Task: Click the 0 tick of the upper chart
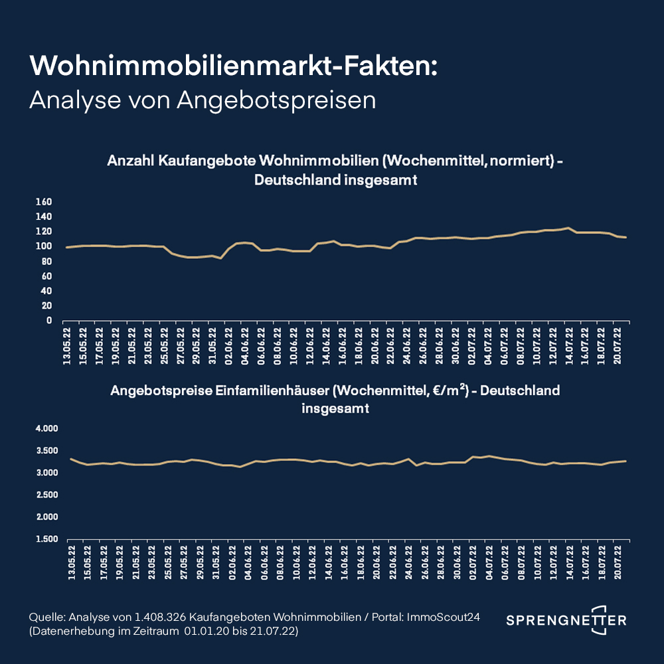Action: point(49,321)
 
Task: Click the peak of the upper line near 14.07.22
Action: point(568,228)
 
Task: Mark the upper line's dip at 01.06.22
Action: point(220,258)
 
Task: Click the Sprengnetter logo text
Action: point(566,621)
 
